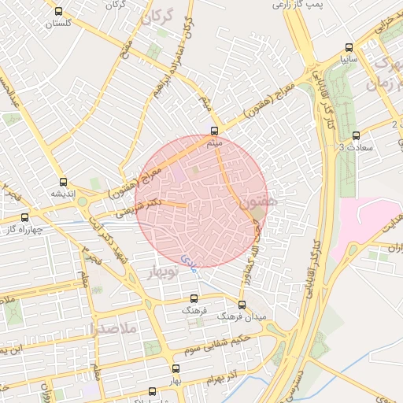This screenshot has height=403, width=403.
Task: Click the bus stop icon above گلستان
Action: pos(59,11)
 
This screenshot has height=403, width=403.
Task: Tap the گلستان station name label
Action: pos(59,24)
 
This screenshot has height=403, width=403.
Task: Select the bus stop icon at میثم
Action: pos(214,131)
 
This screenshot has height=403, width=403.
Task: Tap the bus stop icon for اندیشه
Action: pos(63,182)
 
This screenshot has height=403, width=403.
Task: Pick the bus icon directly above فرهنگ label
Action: pos(194,298)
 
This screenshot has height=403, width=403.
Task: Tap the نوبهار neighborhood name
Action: pos(163,272)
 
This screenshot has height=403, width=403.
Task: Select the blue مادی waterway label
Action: pos(188,260)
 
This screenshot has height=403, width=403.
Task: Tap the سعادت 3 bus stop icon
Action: pos(356,135)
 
